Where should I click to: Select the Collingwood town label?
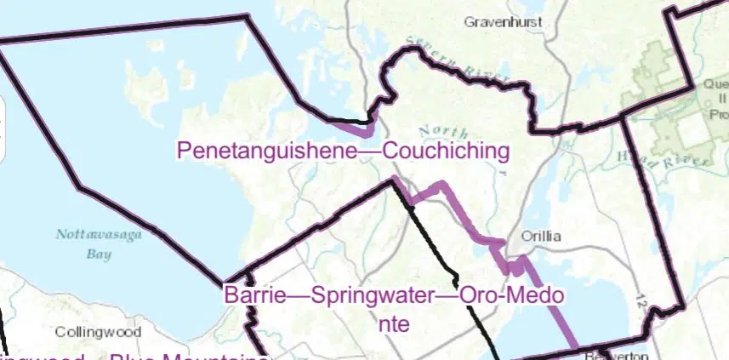[91, 332]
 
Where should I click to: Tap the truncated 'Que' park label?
[713, 85]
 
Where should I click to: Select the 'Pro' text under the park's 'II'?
[715, 114]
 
